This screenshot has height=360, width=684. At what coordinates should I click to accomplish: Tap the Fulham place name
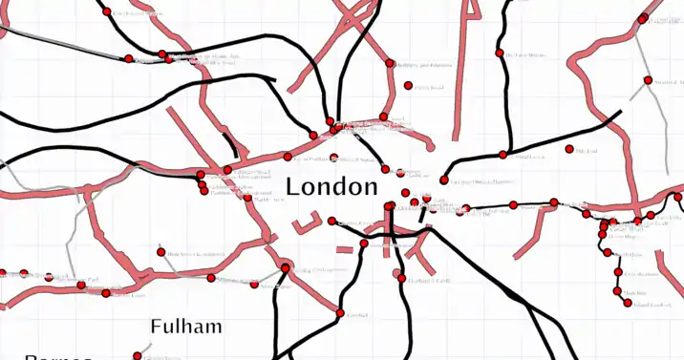[186, 327]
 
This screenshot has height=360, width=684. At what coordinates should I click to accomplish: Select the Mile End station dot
[569, 149]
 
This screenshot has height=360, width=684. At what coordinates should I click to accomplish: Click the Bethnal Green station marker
[502, 155]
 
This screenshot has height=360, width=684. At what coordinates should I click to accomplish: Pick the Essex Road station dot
[408, 86]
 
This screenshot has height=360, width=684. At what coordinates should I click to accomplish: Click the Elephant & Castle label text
[429, 281]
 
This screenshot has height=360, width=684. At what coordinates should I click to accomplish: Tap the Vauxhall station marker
[340, 312]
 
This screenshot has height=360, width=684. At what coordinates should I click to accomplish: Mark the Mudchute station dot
[617, 291]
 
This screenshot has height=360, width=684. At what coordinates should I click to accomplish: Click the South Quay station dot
[609, 253]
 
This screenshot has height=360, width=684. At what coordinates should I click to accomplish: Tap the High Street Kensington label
[197, 254]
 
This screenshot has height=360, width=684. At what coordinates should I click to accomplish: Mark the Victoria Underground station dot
[285, 267]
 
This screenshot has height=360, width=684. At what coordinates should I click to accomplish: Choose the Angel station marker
[384, 116]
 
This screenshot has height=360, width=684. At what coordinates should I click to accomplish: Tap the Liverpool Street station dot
[443, 180]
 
